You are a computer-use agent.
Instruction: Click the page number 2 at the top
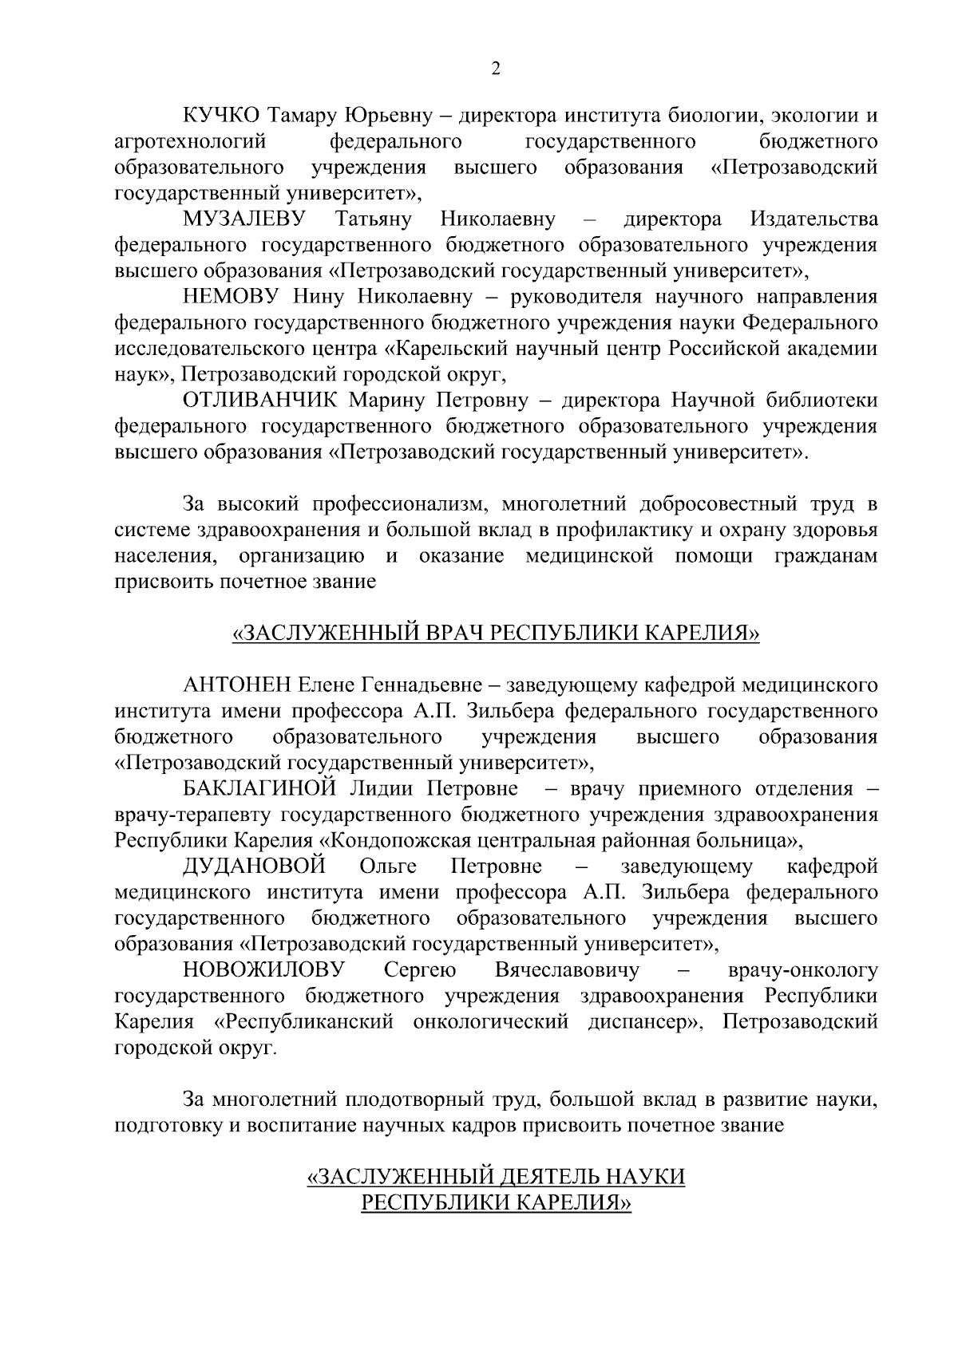[x=495, y=69]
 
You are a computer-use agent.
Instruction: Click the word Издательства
[x=814, y=219]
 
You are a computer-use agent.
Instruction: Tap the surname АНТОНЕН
[x=237, y=685]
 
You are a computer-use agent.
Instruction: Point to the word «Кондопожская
[x=396, y=840]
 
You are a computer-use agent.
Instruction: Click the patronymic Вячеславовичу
[x=568, y=970]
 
